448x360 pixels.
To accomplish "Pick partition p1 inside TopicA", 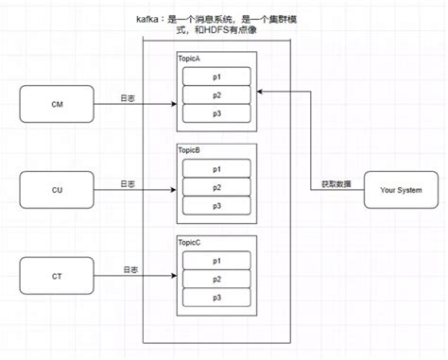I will coord(215,76).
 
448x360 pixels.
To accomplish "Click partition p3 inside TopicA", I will coord(215,112).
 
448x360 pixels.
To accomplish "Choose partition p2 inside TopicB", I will coord(215,186).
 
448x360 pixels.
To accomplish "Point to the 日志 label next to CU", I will coord(129,183).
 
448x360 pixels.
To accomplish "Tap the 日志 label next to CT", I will coord(129,270).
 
